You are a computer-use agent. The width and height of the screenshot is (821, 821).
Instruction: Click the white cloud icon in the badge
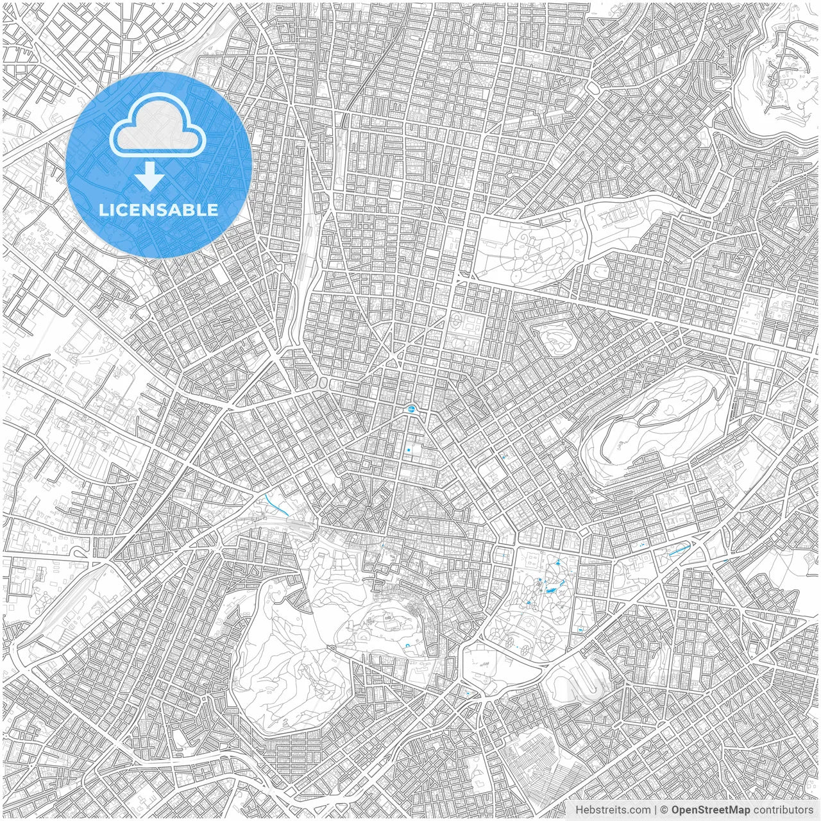(x=158, y=131)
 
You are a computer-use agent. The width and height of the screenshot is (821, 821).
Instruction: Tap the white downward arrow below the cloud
(x=149, y=176)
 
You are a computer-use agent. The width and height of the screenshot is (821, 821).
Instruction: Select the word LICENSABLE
(x=158, y=210)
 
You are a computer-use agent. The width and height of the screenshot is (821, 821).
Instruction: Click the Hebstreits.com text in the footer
(x=612, y=810)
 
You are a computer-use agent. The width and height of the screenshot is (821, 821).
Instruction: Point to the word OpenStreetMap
(x=711, y=810)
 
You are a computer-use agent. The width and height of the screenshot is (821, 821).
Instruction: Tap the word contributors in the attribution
(x=783, y=810)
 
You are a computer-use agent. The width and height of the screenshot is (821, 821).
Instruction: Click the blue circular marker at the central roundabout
(x=411, y=408)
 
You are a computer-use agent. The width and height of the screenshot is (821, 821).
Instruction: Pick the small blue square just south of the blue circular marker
(x=409, y=450)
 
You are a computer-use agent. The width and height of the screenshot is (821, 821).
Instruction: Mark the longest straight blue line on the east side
(x=679, y=550)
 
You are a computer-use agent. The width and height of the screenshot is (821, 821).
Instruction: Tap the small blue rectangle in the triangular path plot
(x=467, y=692)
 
